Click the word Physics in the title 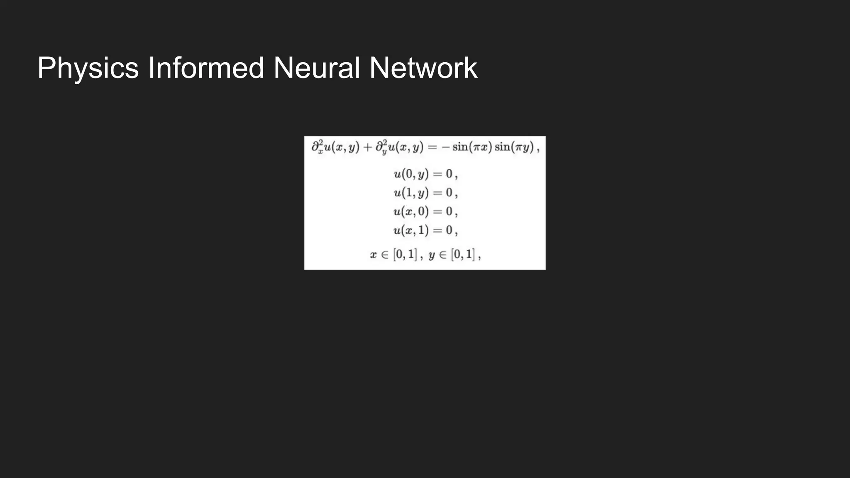(88, 68)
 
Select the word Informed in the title (206, 68)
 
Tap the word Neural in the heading (317, 68)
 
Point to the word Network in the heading (423, 68)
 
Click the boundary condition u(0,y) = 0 (425, 174)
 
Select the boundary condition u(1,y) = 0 (425, 193)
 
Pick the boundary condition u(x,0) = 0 (425, 212)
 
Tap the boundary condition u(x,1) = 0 (425, 230)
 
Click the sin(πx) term (472, 147)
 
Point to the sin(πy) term (514, 147)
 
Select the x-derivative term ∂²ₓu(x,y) (335, 147)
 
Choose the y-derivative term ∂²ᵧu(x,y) (399, 147)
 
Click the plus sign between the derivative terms (367, 147)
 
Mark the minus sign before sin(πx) (445, 147)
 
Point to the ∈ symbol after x (385, 254)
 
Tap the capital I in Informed (151, 68)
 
